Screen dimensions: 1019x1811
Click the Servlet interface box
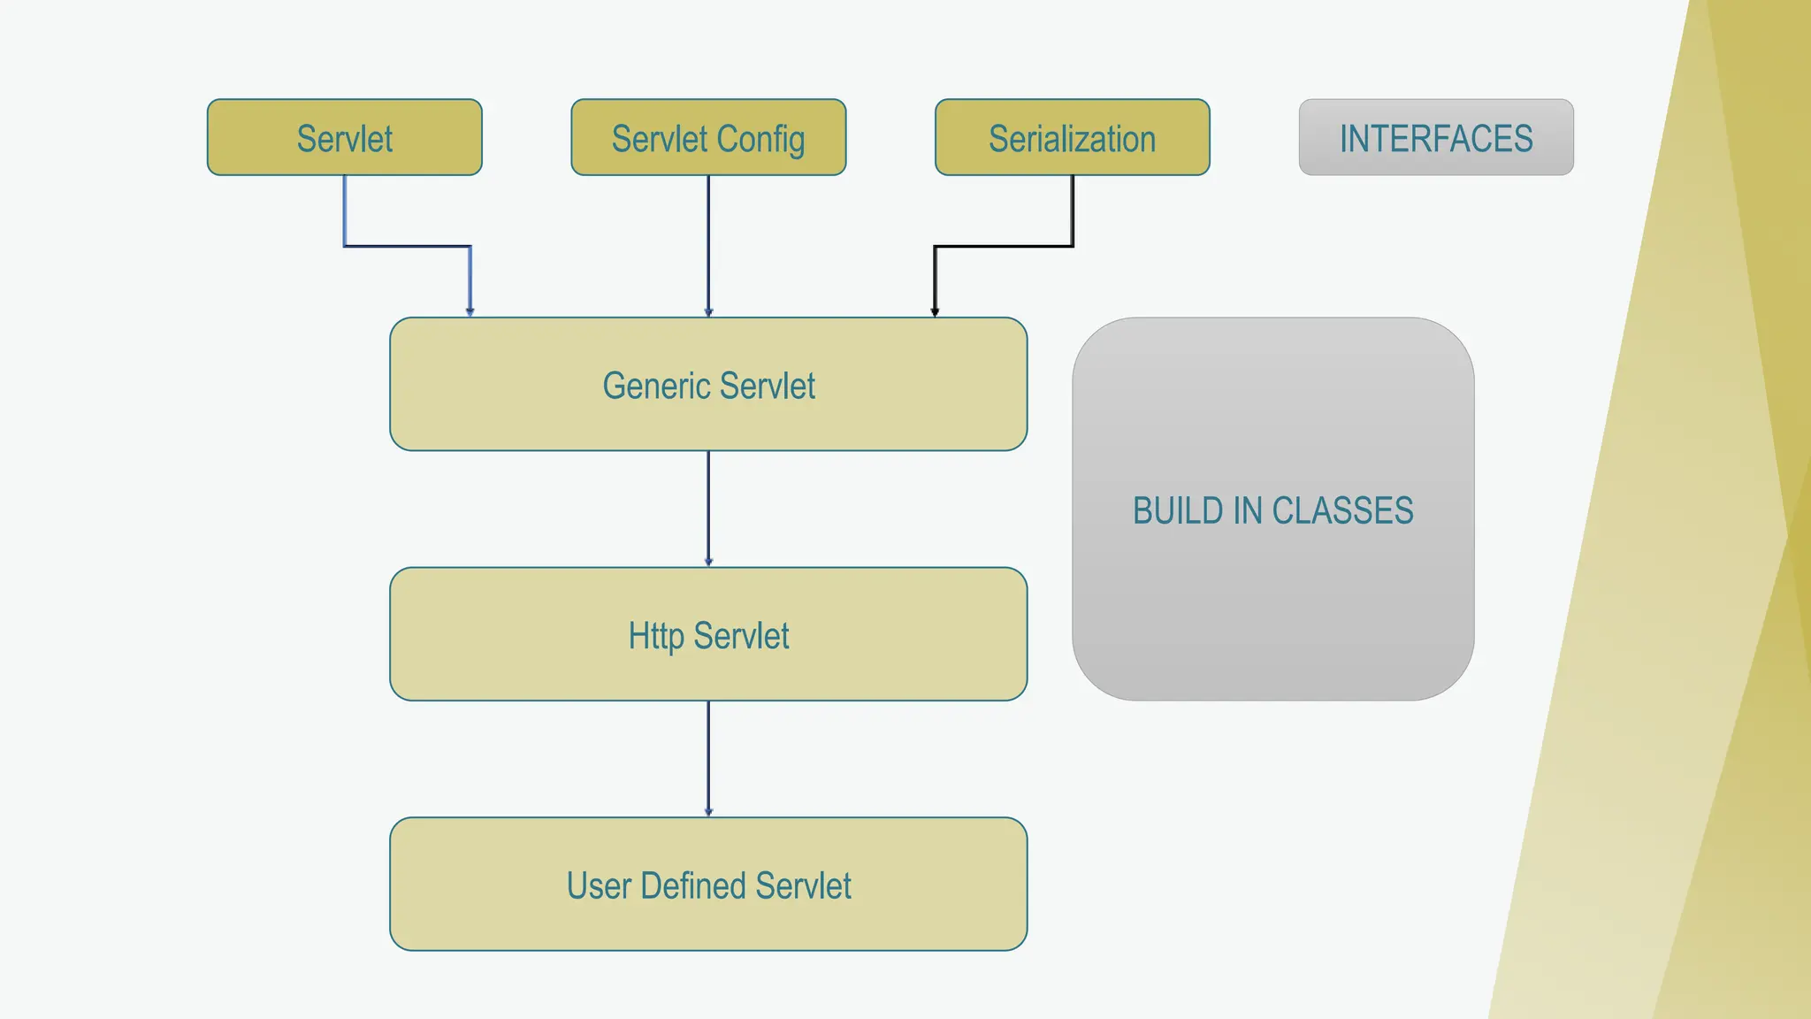pos(345,137)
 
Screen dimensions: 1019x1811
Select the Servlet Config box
pos(708,137)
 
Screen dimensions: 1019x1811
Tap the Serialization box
pos(1072,137)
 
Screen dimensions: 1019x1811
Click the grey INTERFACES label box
pos(1435,137)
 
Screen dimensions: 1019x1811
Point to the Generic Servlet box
pos(708,384)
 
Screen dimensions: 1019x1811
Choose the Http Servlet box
pos(708,634)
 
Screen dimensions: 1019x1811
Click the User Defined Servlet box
pos(708,884)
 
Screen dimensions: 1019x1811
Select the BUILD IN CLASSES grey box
pos(1272,509)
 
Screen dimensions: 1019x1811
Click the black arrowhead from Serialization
pos(935,311)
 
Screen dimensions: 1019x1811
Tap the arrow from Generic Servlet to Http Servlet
pos(708,509)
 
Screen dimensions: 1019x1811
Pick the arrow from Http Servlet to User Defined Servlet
pos(708,758)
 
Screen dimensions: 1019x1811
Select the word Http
pos(655,636)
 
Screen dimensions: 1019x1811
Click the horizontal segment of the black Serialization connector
pos(1004,246)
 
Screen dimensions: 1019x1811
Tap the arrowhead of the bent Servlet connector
pos(470,311)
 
